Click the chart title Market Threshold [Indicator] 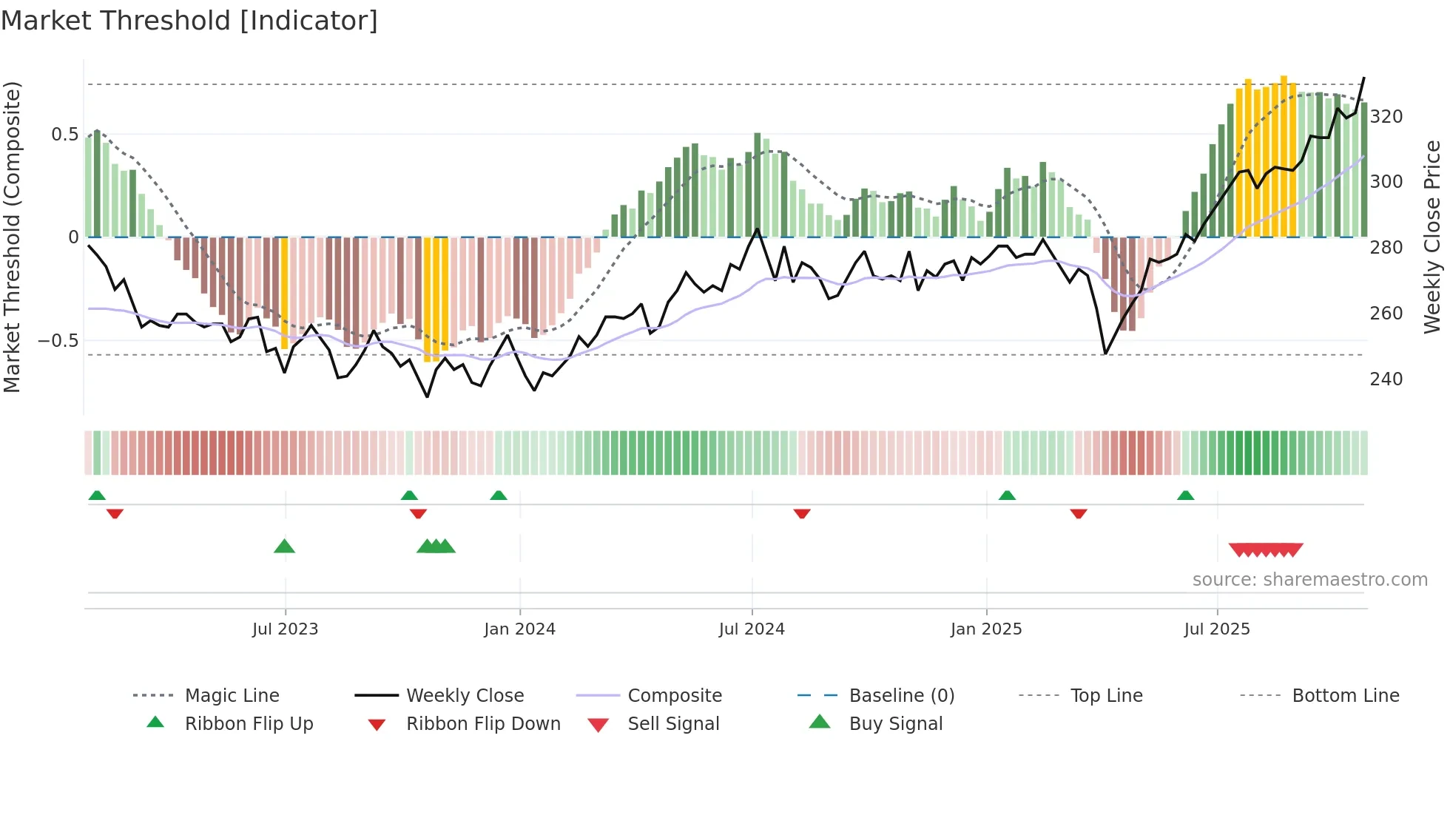189,21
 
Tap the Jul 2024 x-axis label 752,629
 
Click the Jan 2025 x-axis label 986,629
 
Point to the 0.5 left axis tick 64,135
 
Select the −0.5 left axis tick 58,341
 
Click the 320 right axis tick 1386,117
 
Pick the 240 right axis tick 1386,379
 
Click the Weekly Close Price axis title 1433,237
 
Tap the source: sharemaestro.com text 1309,580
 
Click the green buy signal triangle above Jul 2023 284,547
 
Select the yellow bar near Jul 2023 285,293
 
